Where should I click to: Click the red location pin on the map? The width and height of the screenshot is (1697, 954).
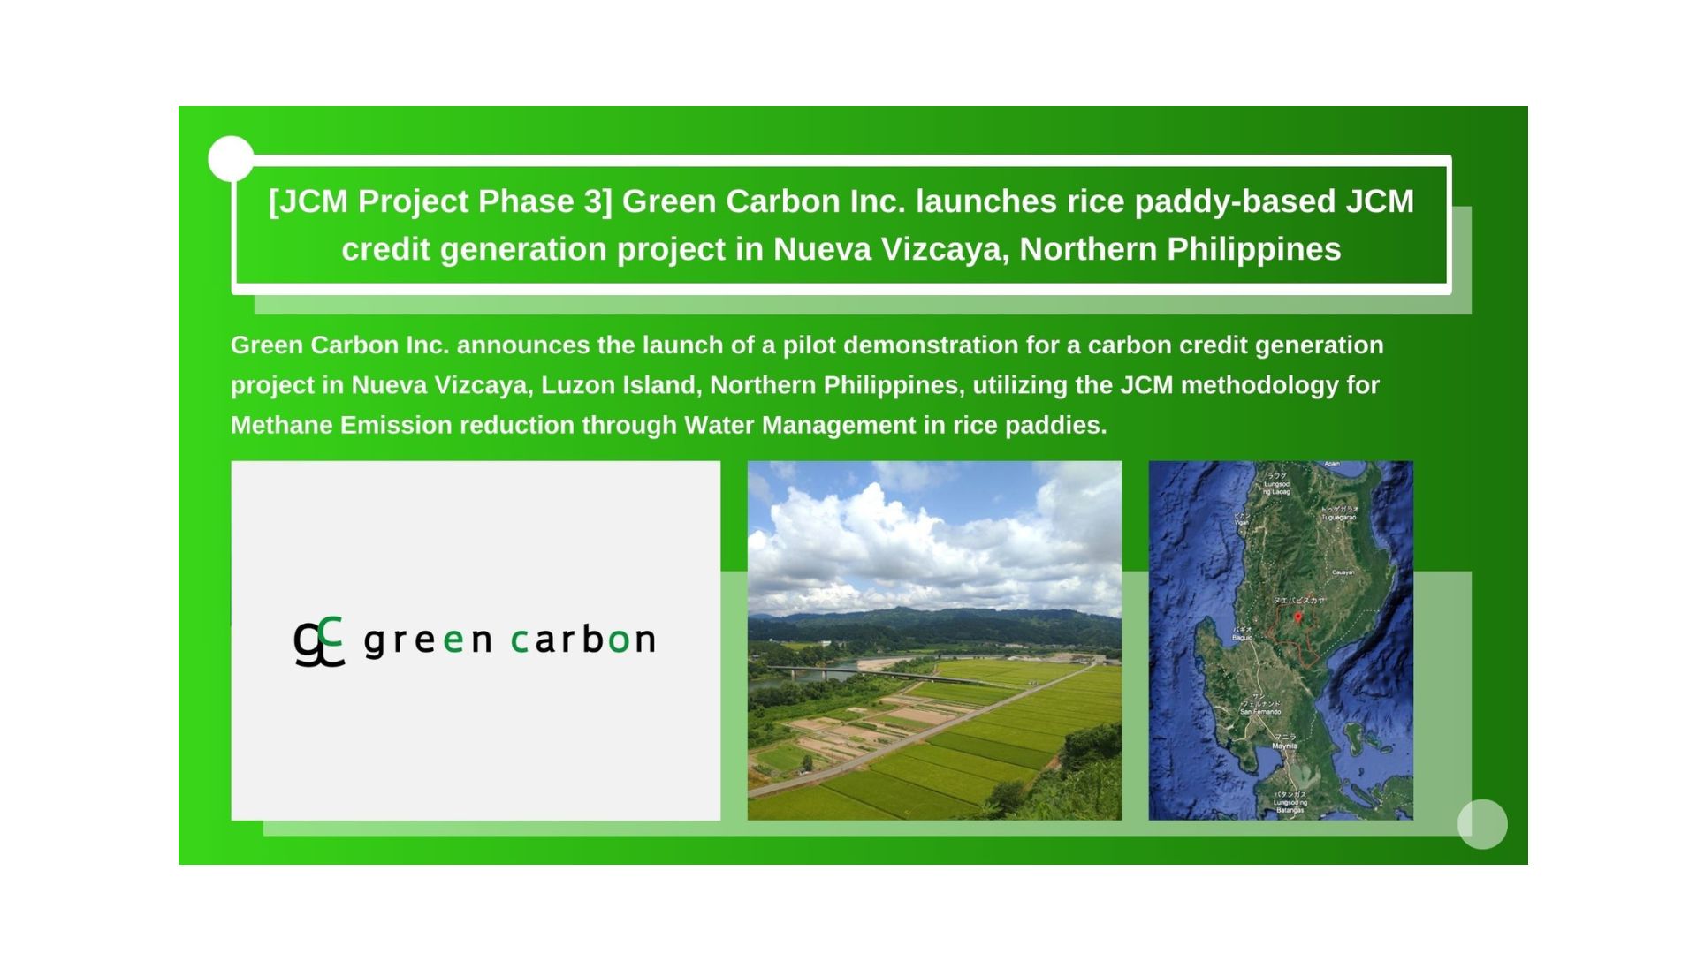(x=1297, y=618)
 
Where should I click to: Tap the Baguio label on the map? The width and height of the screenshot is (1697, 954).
(x=1243, y=637)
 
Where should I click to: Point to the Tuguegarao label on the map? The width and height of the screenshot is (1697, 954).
(x=1339, y=517)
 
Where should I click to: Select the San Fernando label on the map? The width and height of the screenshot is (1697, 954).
(x=1260, y=711)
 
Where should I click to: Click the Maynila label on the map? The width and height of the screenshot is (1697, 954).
(x=1284, y=746)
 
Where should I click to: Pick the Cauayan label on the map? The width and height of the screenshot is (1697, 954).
(x=1343, y=572)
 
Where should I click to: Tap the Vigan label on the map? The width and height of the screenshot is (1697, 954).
(x=1242, y=522)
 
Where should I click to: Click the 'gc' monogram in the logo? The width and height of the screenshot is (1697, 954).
(x=318, y=641)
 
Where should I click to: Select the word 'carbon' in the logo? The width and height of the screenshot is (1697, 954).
(x=582, y=639)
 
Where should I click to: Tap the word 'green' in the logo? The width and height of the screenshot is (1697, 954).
(x=428, y=640)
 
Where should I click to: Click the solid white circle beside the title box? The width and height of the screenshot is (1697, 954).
(x=232, y=159)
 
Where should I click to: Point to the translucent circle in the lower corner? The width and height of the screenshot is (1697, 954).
(x=1482, y=824)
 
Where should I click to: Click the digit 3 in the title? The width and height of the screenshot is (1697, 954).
(x=592, y=201)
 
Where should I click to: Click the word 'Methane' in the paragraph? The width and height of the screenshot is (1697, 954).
(x=282, y=425)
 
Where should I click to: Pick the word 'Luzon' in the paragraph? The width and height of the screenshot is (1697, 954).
(x=573, y=385)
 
